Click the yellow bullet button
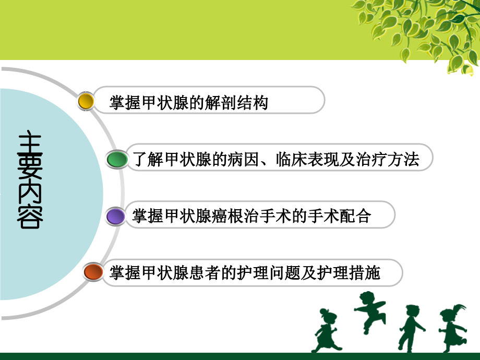(86, 101)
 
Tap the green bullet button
(117, 159)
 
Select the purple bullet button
(115, 215)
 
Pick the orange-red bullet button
(93, 272)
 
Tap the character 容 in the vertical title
(30, 218)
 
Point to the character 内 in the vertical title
(30, 194)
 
